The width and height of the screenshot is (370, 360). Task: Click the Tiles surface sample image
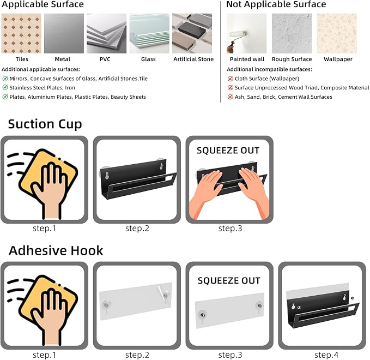(x=21, y=33)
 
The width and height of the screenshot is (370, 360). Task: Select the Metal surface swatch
(x=64, y=33)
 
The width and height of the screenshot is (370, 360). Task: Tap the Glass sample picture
(x=149, y=33)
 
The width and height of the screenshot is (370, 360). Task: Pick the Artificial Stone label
(x=193, y=59)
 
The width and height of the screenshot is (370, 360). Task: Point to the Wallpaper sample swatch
(x=337, y=33)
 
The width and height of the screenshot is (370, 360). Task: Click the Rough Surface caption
(x=292, y=59)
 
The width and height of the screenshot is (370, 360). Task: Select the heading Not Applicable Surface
(x=276, y=4)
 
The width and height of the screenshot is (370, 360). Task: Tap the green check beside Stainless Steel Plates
(x=5, y=87)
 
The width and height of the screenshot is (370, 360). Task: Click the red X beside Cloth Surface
(x=231, y=79)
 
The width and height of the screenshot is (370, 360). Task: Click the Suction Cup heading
(x=45, y=124)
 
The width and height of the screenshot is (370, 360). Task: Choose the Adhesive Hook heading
(x=56, y=250)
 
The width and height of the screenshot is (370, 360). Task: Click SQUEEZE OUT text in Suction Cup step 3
(x=228, y=151)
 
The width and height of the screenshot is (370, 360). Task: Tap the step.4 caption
(x=326, y=355)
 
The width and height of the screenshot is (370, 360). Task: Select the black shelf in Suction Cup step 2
(x=138, y=179)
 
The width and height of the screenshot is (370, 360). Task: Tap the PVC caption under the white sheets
(x=105, y=59)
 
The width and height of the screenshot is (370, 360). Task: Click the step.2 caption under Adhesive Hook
(x=137, y=355)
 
